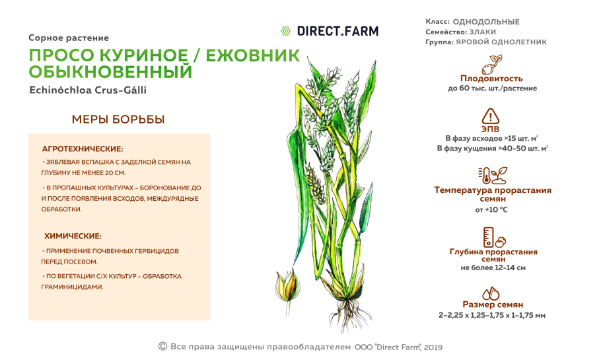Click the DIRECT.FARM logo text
click(x=337, y=30)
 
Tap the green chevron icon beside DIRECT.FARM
click(x=285, y=30)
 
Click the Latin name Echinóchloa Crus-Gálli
click(x=88, y=90)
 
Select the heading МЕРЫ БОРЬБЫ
click(x=118, y=120)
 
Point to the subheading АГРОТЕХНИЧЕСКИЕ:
click(x=83, y=149)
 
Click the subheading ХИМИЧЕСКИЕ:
click(x=73, y=236)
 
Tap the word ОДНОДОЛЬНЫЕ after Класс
click(x=485, y=22)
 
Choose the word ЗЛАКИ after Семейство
click(x=482, y=32)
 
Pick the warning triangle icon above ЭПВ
click(x=491, y=114)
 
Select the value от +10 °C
click(x=491, y=209)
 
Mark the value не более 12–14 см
click(x=493, y=268)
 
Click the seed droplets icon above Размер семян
click(x=492, y=293)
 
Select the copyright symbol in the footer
click(x=162, y=345)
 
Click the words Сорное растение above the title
click(x=69, y=38)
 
